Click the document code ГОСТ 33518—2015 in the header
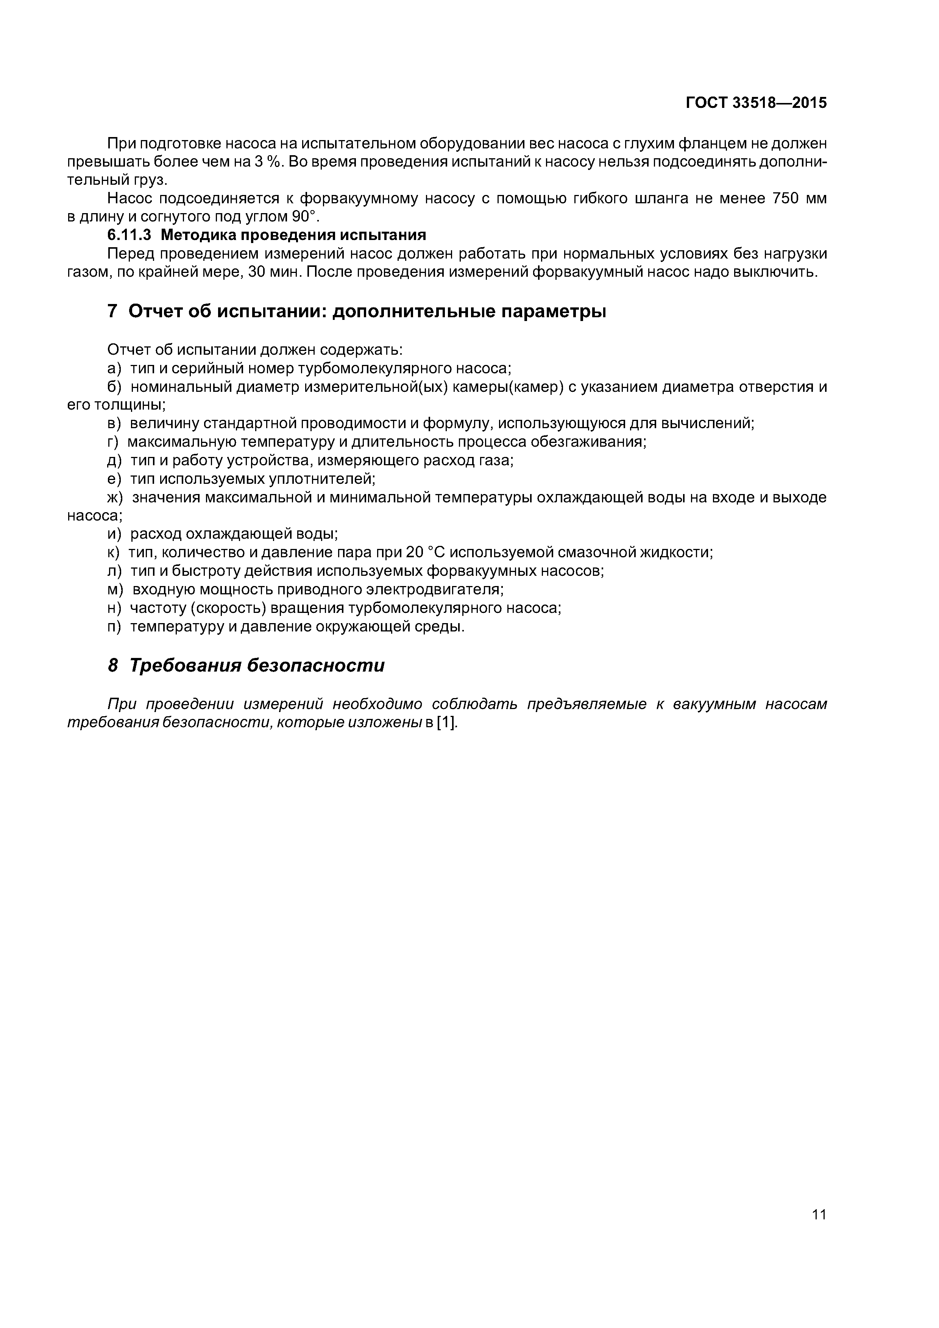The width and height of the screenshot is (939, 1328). [756, 103]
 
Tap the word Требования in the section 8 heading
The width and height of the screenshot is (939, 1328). [184, 666]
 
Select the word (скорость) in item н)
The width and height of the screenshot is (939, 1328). [228, 608]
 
